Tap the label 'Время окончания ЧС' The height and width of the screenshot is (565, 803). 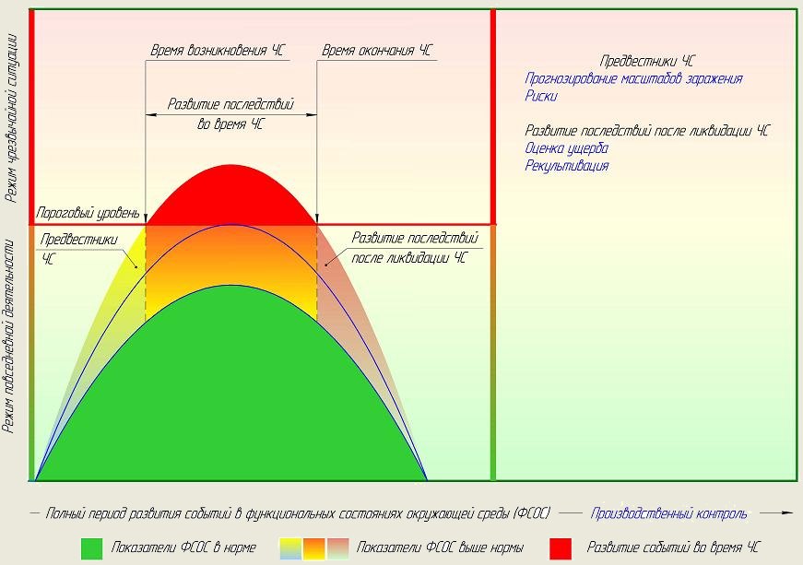(375, 51)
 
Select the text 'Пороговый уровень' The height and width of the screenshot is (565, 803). (88, 213)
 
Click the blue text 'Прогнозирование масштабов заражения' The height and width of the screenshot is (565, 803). (633, 79)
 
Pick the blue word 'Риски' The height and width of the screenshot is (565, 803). (541, 95)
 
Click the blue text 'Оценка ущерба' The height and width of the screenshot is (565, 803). (566, 148)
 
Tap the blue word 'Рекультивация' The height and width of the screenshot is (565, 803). (566, 166)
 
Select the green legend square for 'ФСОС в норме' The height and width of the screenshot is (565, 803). (91, 547)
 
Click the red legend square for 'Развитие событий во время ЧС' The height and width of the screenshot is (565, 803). (561, 547)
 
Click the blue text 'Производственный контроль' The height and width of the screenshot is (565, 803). (669, 513)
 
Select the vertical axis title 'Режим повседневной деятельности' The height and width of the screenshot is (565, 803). (11, 336)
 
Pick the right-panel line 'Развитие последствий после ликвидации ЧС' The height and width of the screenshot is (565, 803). (647, 132)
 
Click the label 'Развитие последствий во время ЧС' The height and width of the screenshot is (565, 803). (230, 113)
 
